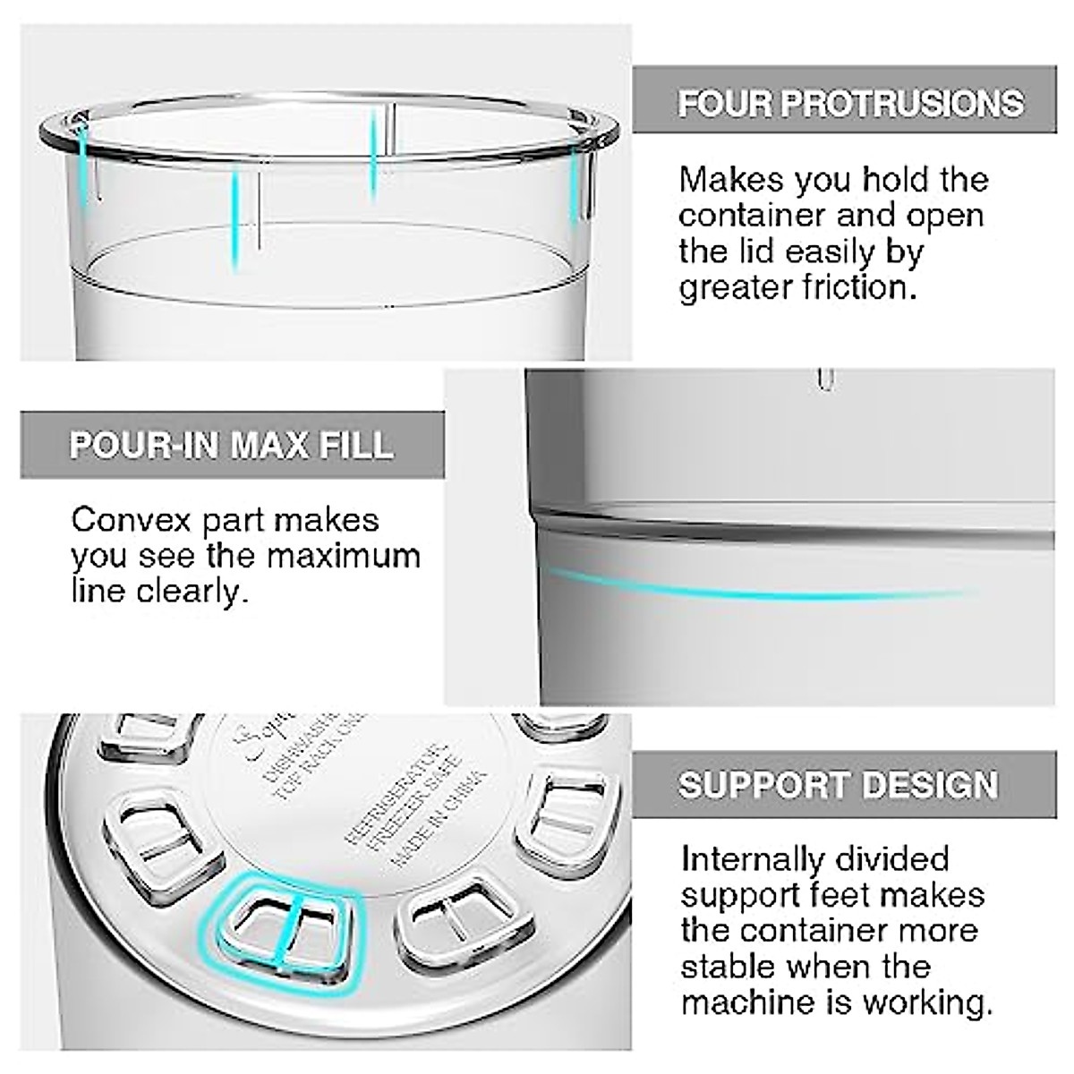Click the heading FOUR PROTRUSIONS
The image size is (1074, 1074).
(x=850, y=103)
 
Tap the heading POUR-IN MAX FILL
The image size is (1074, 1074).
(x=231, y=445)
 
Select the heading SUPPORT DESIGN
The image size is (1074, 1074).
(x=838, y=785)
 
